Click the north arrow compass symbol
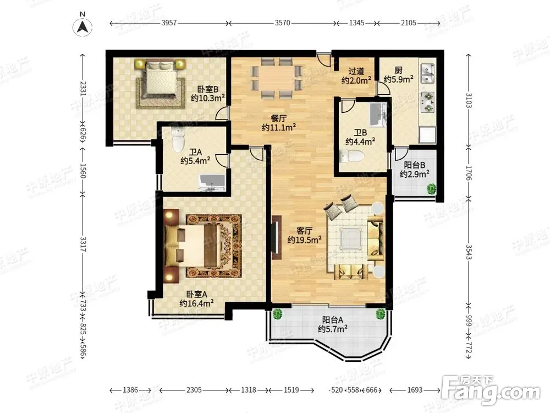click(82, 26)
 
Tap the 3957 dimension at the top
click(169, 23)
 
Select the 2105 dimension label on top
click(408, 23)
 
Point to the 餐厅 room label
click(278, 118)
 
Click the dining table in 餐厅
click(277, 78)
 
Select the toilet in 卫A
click(179, 139)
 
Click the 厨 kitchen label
click(398, 70)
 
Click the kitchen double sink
click(427, 73)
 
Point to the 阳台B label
click(414, 165)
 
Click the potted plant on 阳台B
click(431, 189)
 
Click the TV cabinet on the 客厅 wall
click(277, 237)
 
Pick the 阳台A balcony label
click(333, 320)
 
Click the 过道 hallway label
click(356, 71)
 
